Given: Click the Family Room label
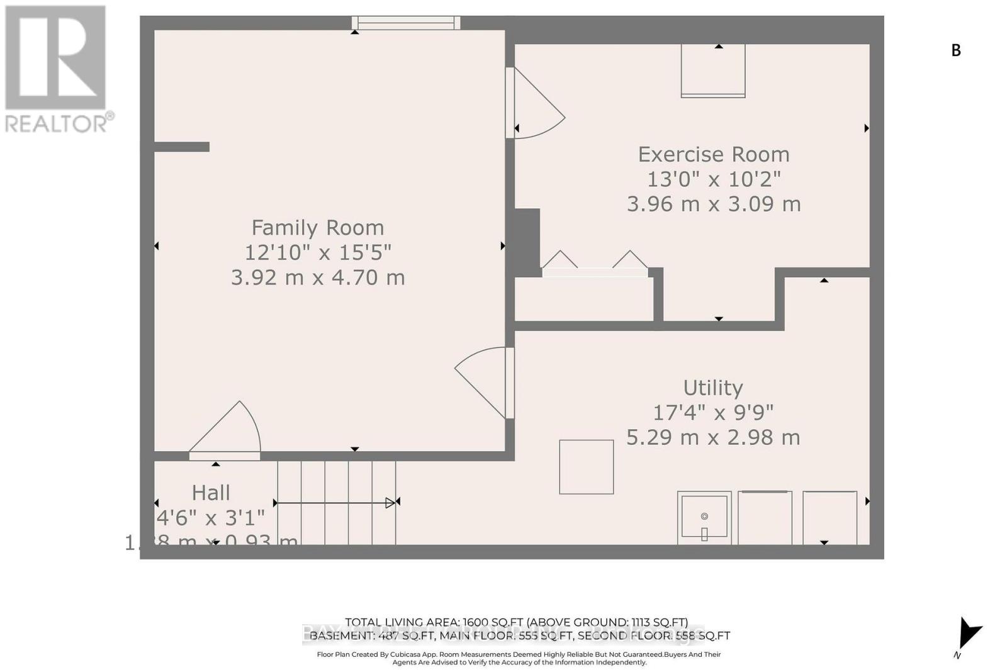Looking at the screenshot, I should [317, 228].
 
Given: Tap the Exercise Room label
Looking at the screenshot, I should [713, 155].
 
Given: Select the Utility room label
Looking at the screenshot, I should [712, 388].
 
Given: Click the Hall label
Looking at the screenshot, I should [211, 493].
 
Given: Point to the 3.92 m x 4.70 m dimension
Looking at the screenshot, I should [317, 277].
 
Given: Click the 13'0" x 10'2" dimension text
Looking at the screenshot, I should [713, 179].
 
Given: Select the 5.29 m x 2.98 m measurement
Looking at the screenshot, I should [712, 437].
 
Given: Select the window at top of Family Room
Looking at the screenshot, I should [406, 23].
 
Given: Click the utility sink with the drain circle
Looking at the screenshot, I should [704, 517].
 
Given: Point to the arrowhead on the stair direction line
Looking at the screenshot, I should [390, 502].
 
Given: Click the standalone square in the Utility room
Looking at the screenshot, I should [586, 467].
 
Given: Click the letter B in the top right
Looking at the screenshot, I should [955, 51].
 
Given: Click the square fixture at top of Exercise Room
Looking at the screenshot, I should [712, 71].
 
